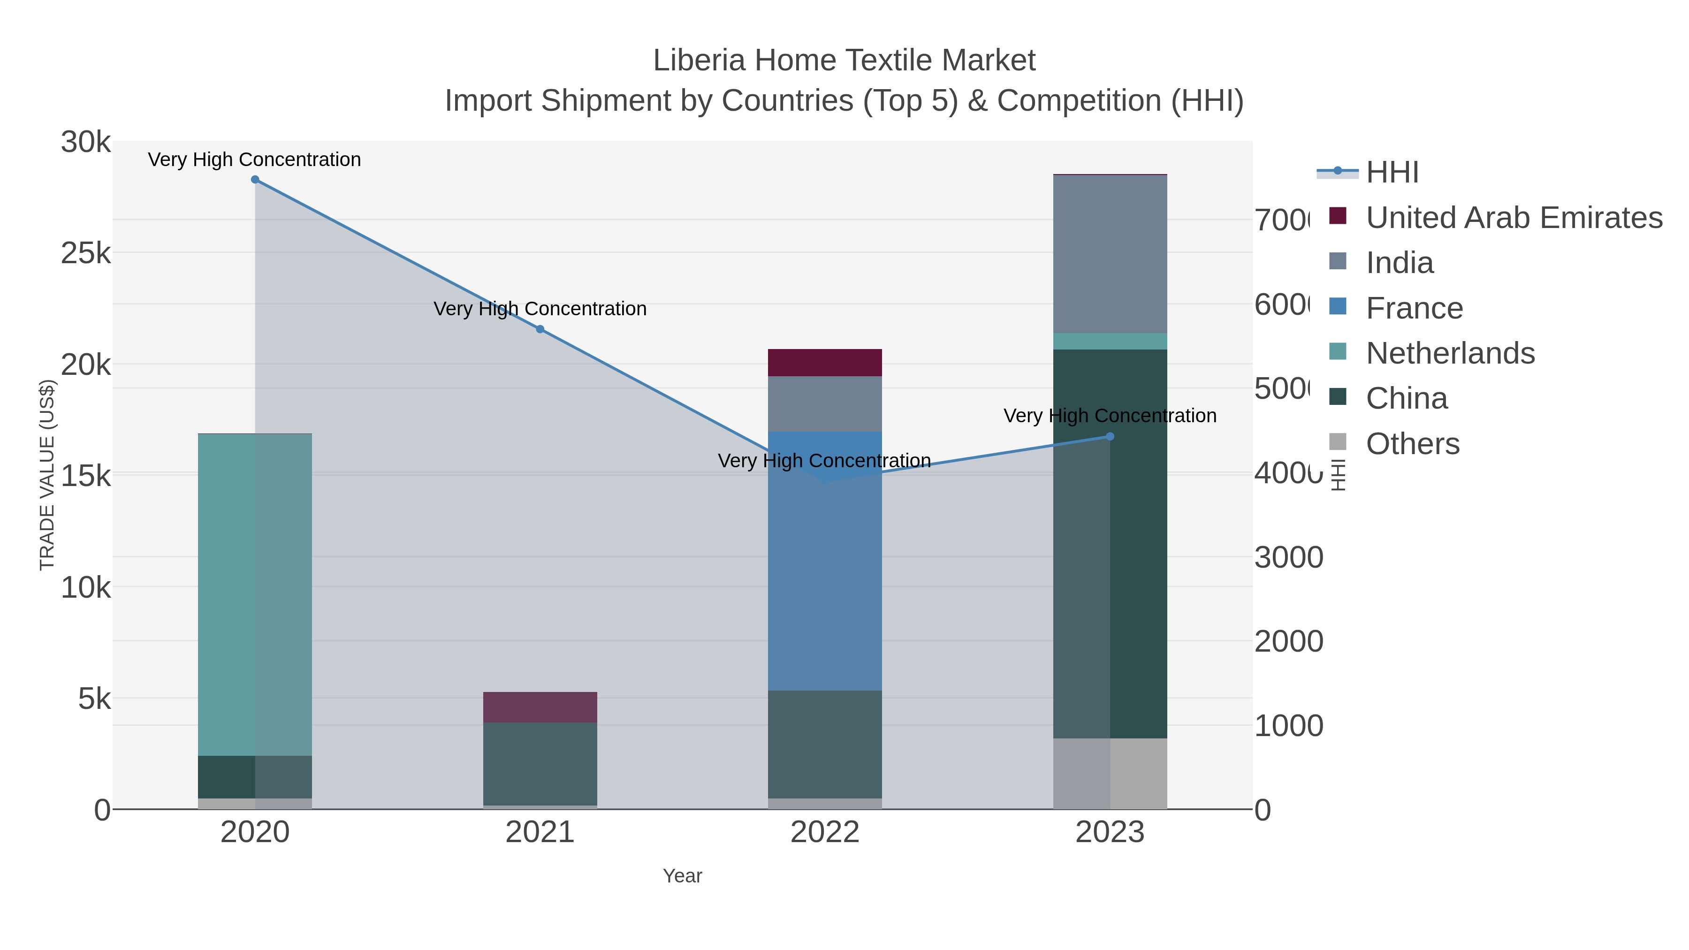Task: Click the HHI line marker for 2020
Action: [255, 180]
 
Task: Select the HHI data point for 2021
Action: [540, 329]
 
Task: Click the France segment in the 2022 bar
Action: [825, 561]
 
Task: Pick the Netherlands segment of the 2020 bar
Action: [255, 595]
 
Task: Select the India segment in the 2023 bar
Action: [1110, 254]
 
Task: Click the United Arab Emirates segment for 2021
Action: [540, 707]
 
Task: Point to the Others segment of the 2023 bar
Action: [1110, 774]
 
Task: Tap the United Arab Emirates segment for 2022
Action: [825, 363]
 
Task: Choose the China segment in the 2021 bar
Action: [540, 763]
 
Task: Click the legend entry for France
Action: [1414, 308]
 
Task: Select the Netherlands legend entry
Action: [1450, 353]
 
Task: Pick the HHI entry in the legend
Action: [1392, 173]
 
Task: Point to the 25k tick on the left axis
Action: [86, 253]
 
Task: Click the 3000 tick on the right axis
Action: [1288, 557]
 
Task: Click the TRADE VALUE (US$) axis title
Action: [47, 475]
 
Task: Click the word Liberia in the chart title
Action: [699, 61]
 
